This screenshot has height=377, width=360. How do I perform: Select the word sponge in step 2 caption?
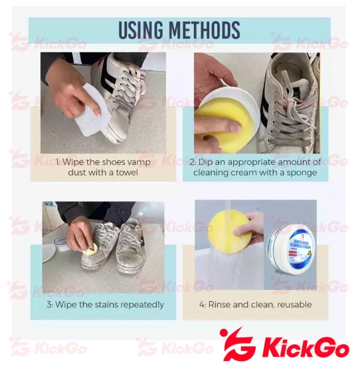[301, 173]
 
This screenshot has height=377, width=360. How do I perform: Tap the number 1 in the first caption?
[57, 162]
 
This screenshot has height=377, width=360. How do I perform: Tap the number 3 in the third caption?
[48, 305]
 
